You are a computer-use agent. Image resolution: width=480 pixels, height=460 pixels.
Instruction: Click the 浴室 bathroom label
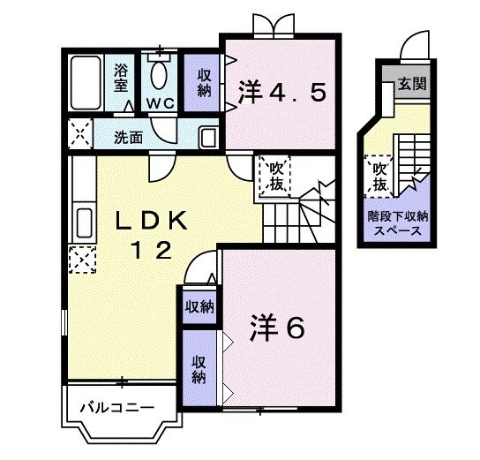(x=121, y=77)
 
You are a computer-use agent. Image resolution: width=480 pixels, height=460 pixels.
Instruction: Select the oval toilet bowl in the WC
(x=159, y=74)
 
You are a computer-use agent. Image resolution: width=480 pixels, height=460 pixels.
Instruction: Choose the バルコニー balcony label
(x=116, y=407)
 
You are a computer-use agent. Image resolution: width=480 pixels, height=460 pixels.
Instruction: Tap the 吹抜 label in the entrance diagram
(x=379, y=177)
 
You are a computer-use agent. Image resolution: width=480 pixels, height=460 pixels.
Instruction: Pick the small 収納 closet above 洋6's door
(x=199, y=306)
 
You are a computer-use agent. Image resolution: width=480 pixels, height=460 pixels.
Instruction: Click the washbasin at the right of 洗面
(x=208, y=137)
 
